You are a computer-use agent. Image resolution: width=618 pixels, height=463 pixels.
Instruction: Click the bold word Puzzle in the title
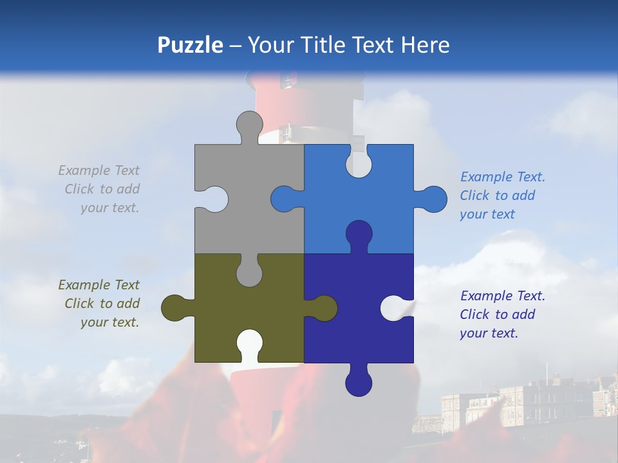pyautogui.click(x=190, y=45)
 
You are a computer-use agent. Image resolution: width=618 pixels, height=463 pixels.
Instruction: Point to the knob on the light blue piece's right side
pyautogui.click(x=433, y=199)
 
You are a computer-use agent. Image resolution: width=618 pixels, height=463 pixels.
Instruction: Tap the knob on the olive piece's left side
pyautogui.click(x=174, y=308)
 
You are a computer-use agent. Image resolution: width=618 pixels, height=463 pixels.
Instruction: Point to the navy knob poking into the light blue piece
pyautogui.click(x=359, y=234)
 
